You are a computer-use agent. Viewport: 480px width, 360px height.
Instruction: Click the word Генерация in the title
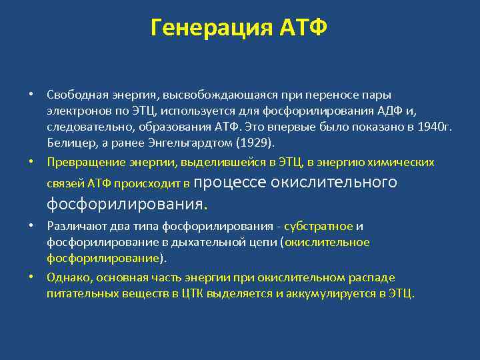(206, 28)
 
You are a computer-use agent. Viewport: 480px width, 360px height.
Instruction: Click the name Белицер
(70, 143)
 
